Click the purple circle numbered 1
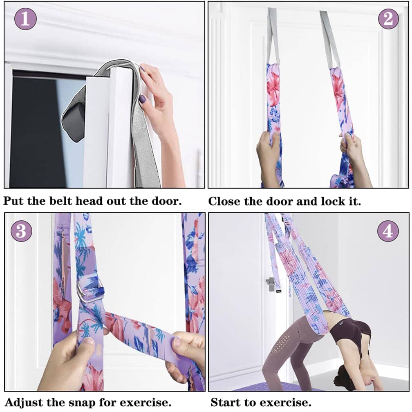click(25, 19)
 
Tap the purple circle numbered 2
click(388, 19)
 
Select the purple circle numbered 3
click(22, 231)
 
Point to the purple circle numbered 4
click(388, 231)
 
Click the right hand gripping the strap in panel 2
click(352, 149)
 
